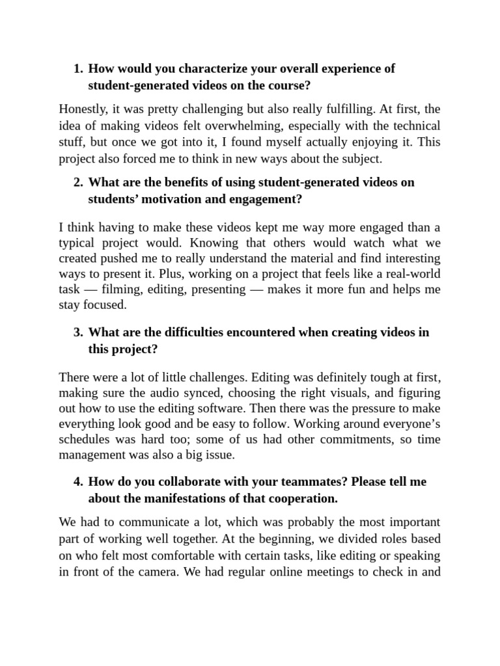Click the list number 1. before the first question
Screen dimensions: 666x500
[x=78, y=69]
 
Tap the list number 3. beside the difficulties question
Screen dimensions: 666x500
[x=78, y=332]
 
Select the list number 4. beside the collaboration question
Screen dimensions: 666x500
[x=78, y=482]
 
